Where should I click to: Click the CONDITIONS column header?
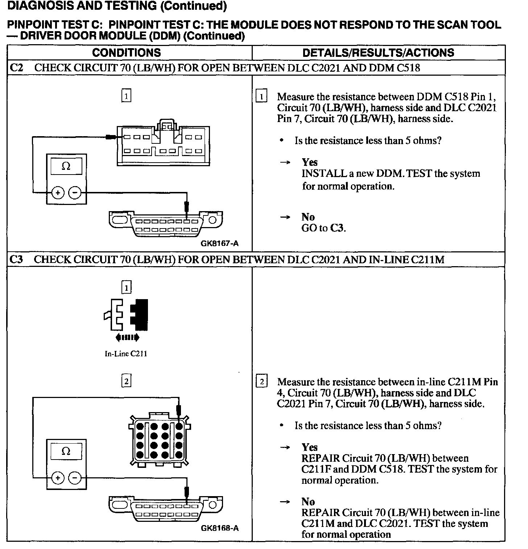coord(126,53)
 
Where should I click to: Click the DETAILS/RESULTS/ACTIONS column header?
coord(378,53)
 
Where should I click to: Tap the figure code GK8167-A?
coord(219,243)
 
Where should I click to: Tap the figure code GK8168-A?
coord(219,528)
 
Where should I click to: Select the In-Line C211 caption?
coord(126,354)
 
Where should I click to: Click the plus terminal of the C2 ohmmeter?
coord(57,193)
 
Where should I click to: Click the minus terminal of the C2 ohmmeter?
coord(75,193)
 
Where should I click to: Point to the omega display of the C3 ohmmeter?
coord(66,451)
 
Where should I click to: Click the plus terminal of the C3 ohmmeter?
coord(57,478)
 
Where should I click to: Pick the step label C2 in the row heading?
coord(17,68)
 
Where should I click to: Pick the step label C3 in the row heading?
coord(17,259)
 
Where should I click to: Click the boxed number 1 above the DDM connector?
coord(126,96)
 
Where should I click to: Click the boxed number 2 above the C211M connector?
coord(126,381)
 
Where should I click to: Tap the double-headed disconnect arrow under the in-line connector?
coord(127,338)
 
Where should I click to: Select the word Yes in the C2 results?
coord(309,162)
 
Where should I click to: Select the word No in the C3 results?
coord(308,502)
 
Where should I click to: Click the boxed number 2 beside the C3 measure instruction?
coord(261,382)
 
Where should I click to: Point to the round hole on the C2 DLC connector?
coord(213,219)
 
